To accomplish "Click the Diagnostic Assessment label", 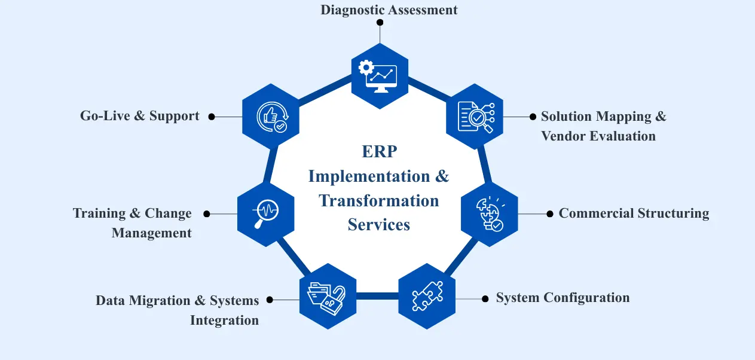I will tap(389, 10).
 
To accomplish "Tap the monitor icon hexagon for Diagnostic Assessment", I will tap(380, 75).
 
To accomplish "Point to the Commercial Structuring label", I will tap(634, 213).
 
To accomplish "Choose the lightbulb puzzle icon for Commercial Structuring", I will tap(490, 214).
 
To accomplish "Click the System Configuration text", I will tap(563, 298).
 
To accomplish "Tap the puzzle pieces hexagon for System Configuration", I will tap(427, 297).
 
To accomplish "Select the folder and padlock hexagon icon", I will tap(328, 295).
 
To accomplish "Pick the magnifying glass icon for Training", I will tap(266, 213).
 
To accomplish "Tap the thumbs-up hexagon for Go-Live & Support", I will tap(271, 117).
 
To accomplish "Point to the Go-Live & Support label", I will tap(140, 116).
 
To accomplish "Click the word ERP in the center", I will tap(379, 152).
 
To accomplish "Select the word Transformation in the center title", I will tap(379, 200).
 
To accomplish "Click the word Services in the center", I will tap(379, 225).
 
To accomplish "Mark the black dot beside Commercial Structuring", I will tap(550, 213).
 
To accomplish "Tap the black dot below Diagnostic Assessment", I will tap(380, 22).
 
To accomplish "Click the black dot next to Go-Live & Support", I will tap(212, 117).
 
